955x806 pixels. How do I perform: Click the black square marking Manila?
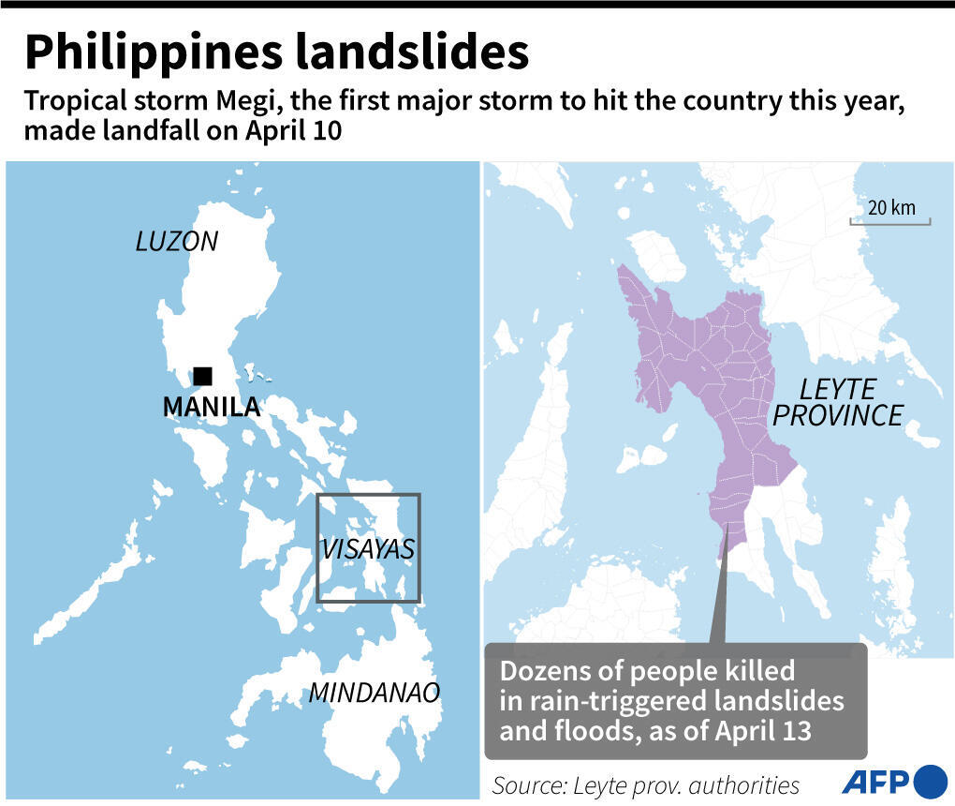[x=202, y=376]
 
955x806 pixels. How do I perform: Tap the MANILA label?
[x=211, y=407]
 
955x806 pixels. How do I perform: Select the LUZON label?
[x=176, y=241]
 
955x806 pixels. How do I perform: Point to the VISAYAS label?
[x=367, y=549]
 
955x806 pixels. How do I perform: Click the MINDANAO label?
[x=374, y=693]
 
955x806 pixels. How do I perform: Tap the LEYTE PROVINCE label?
[x=837, y=402]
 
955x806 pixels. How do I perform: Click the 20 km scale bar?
[x=889, y=222]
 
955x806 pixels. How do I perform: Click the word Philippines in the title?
[x=151, y=52]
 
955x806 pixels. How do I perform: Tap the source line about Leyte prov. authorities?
[x=645, y=784]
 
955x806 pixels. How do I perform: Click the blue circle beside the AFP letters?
[x=930, y=781]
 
